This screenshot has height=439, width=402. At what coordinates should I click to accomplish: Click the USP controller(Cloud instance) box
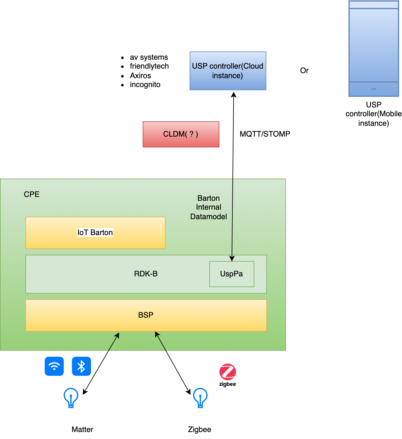pyautogui.click(x=228, y=71)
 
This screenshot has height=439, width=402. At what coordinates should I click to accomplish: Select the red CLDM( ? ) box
pyautogui.click(x=181, y=134)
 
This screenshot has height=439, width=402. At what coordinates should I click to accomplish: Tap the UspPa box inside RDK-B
pyautogui.click(x=231, y=274)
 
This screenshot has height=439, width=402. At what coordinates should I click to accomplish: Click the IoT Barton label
pyautogui.click(x=95, y=233)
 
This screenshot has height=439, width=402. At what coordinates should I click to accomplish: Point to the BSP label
pyautogui.click(x=146, y=315)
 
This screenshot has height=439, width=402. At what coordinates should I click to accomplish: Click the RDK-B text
pyautogui.click(x=146, y=274)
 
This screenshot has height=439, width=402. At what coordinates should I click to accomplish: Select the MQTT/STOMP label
pyautogui.click(x=265, y=134)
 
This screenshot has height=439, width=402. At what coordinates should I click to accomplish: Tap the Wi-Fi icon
pyautogui.click(x=54, y=366)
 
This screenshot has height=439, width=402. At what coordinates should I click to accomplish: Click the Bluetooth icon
pyautogui.click(x=81, y=366)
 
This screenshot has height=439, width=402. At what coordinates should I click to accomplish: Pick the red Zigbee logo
pyautogui.click(x=228, y=372)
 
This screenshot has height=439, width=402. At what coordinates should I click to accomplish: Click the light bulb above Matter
pyautogui.click(x=71, y=397)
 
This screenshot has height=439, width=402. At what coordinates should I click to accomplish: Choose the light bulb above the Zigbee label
pyautogui.click(x=200, y=397)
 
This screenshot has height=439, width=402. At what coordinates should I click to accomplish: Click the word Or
pyautogui.click(x=304, y=71)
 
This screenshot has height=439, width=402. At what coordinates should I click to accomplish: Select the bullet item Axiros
pyautogui.click(x=140, y=76)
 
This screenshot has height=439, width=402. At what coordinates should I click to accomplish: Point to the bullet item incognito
pyautogui.click(x=145, y=84)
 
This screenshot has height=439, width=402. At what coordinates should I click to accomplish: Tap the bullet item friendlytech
pyautogui.click(x=149, y=66)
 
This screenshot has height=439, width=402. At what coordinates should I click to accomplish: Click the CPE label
pyautogui.click(x=32, y=194)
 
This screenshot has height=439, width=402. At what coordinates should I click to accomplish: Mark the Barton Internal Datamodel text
pyautogui.click(x=209, y=207)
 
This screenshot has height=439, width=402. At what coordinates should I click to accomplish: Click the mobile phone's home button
pyautogui.click(x=374, y=89)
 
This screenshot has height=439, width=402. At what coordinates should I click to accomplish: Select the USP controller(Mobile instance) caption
pyautogui.click(x=373, y=114)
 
